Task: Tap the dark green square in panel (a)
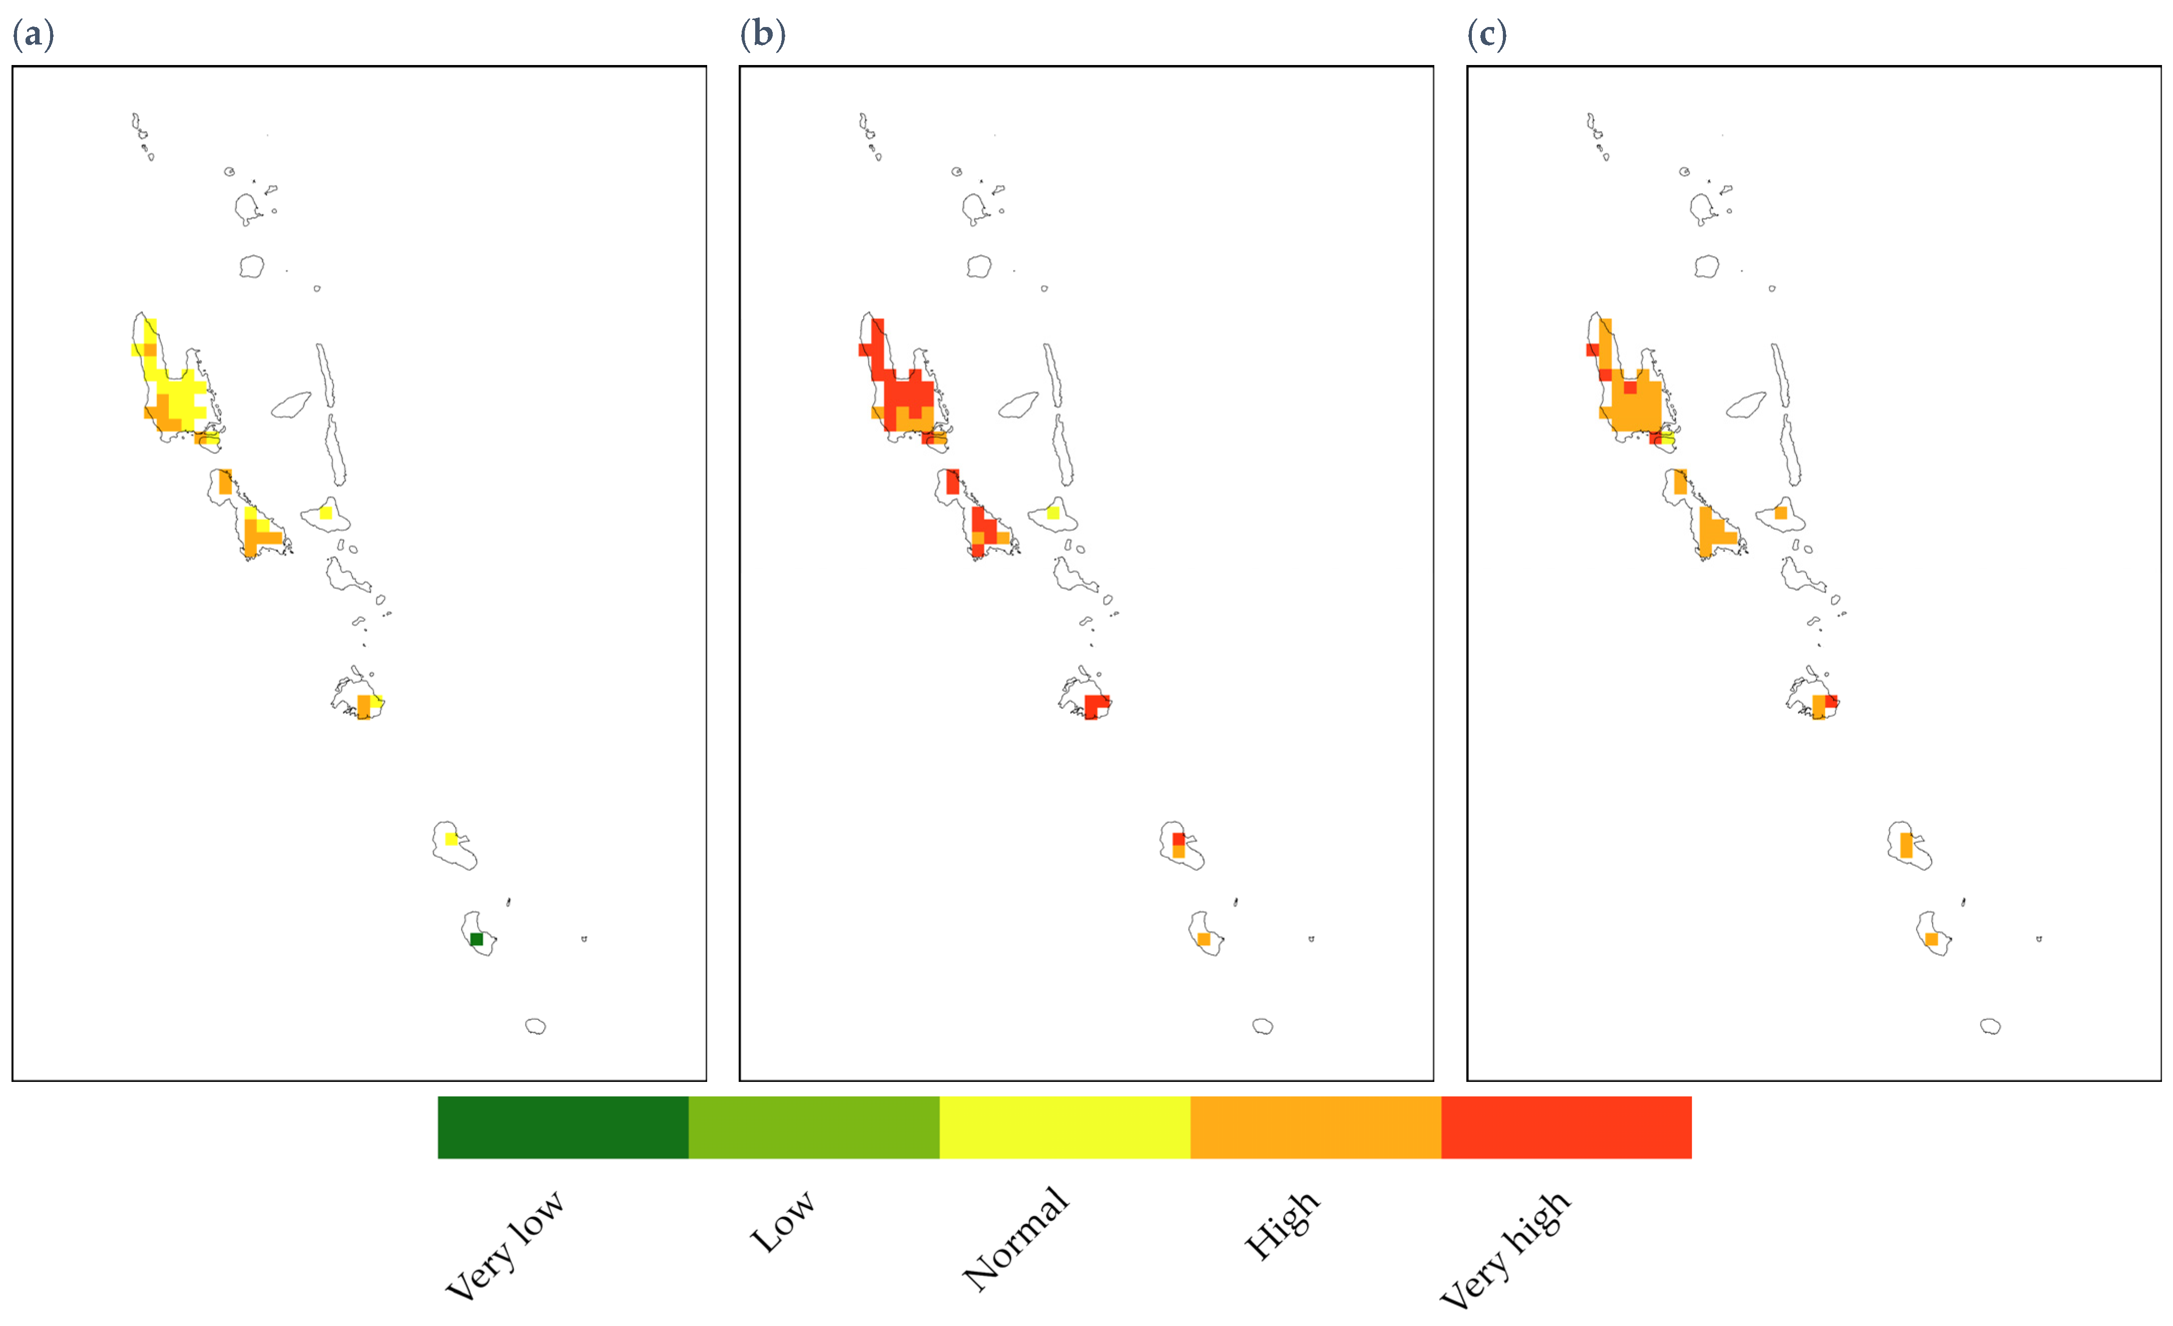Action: (x=476, y=939)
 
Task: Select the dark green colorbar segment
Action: (x=563, y=1127)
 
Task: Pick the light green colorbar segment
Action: (x=813, y=1127)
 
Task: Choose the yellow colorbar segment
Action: (x=1064, y=1127)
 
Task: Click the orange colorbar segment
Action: (x=1315, y=1127)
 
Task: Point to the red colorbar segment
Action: (x=1566, y=1127)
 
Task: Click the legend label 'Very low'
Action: (x=504, y=1245)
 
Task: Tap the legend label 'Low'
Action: (x=781, y=1221)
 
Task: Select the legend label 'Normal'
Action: (x=1016, y=1238)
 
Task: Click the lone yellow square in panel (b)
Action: (x=1053, y=512)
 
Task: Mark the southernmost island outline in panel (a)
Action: (x=535, y=1026)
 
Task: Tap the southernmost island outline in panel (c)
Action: (x=1990, y=1026)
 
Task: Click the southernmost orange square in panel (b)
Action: (x=1204, y=939)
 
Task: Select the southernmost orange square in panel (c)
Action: (x=1931, y=939)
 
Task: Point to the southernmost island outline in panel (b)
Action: (x=1263, y=1026)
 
